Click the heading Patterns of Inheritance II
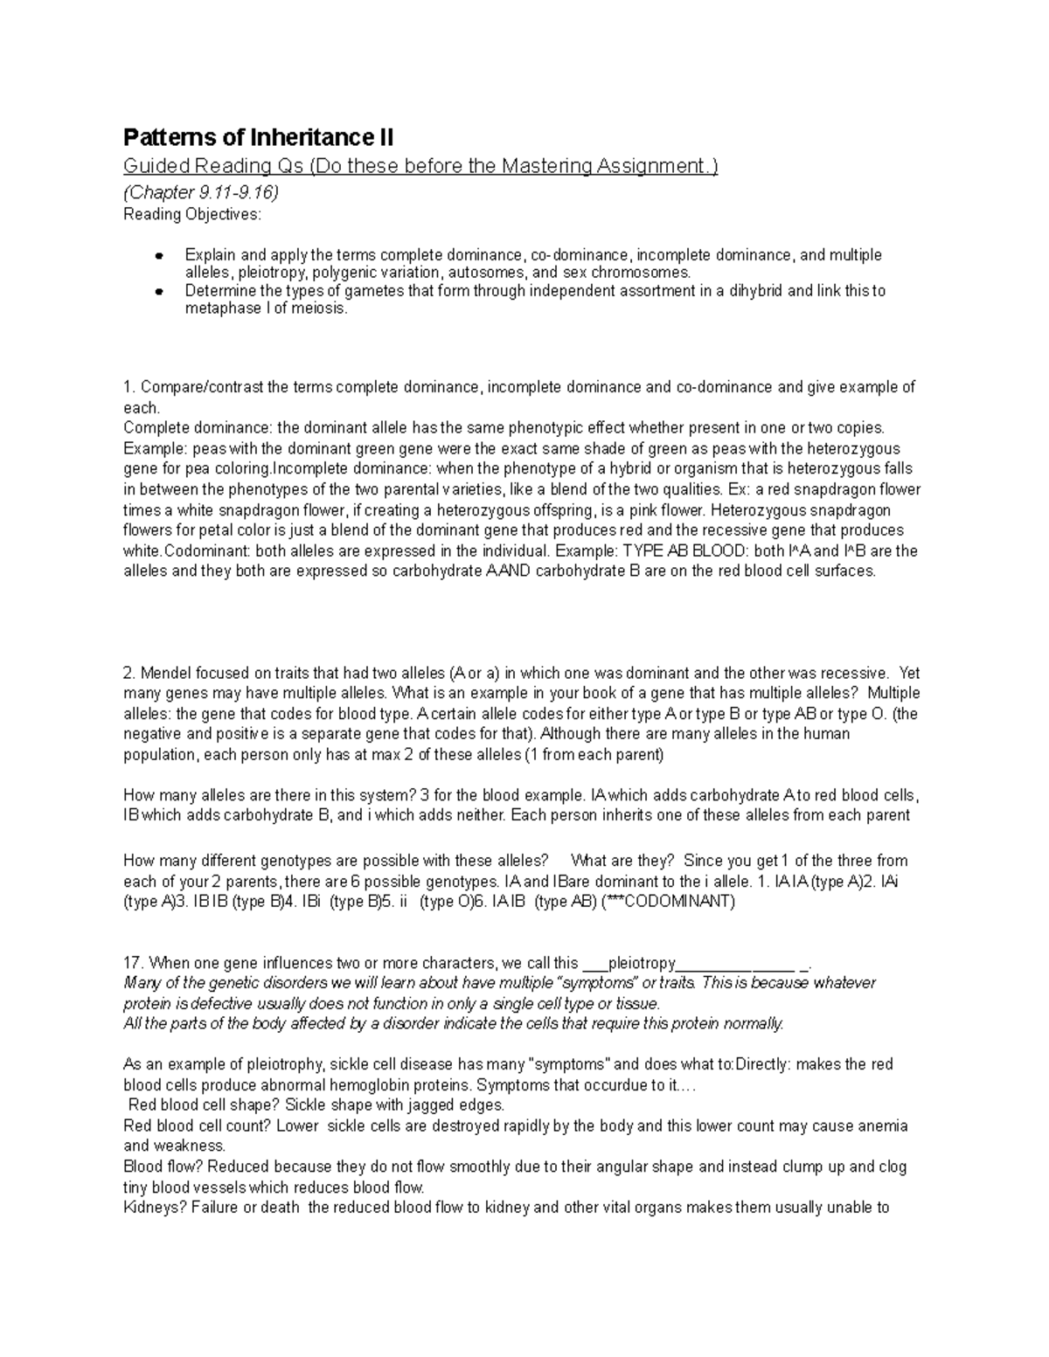click(x=259, y=138)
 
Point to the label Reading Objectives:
click(x=192, y=214)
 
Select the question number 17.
click(x=133, y=963)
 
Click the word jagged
click(x=429, y=1104)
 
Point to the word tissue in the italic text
click(x=637, y=1003)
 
